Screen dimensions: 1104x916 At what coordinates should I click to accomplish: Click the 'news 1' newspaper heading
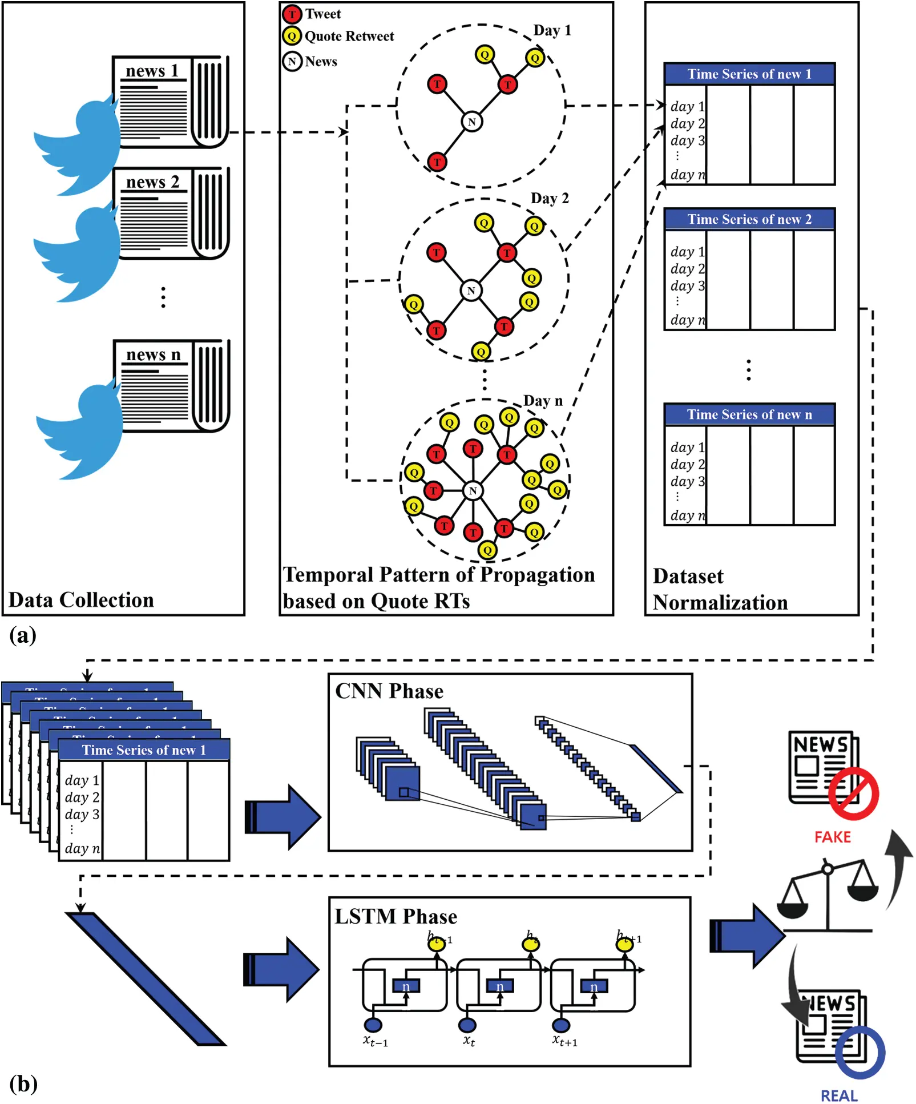click(x=152, y=71)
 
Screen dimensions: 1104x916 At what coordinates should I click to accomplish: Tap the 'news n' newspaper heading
click(x=153, y=354)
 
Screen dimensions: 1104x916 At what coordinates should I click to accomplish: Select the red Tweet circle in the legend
click(x=292, y=14)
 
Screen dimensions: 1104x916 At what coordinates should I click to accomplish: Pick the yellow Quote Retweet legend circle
click(x=292, y=37)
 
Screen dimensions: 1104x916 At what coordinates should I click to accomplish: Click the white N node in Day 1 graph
click(x=471, y=122)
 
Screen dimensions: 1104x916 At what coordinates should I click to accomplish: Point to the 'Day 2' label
click(x=549, y=198)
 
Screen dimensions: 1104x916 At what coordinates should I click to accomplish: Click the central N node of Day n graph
click(x=473, y=490)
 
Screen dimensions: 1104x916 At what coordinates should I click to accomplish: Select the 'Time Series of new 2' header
click(x=749, y=219)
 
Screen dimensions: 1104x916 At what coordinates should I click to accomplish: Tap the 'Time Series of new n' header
click(x=749, y=414)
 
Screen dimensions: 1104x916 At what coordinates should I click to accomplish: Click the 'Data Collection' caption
click(x=81, y=600)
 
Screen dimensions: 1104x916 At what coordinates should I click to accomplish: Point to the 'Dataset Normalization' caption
click(x=720, y=589)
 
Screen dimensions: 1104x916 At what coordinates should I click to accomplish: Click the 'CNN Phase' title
click(x=389, y=691)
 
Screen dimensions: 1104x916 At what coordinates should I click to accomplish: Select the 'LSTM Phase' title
click(x=396, y=917)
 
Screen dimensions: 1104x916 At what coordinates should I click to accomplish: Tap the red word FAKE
click(x=832, y=837)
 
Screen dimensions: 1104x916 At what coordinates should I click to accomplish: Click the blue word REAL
click(x=838, y=1095)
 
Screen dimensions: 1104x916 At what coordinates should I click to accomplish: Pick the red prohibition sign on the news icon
click(x=853, y=793)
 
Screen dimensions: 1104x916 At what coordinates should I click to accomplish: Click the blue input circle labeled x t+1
click(x=561, y=1025)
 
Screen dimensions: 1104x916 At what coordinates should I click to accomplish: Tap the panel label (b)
click(x=23, y=1083)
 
